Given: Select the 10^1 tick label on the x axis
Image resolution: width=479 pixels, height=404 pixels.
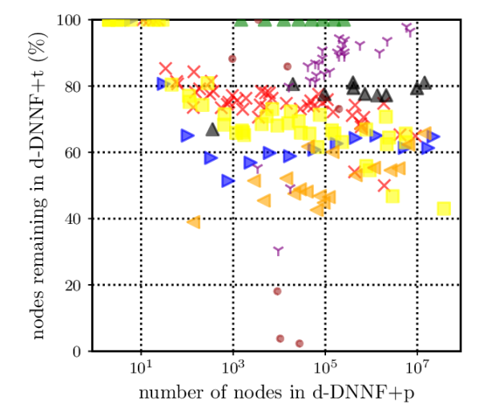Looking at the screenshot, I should [x=141, y=367].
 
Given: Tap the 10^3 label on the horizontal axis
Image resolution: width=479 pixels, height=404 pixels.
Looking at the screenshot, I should [x=233, y=367].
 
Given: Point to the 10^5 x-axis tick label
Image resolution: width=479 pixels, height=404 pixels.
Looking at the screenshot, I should [x=325, y=367].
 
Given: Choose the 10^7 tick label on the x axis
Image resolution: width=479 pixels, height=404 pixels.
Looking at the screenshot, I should [x=417, y=367].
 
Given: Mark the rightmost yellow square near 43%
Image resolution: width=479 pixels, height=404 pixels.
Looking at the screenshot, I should [x=444, y=209].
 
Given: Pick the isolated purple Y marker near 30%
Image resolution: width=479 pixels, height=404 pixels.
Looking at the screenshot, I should [x=278, y=251].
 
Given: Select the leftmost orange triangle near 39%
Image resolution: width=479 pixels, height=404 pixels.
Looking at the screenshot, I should [x=193, y=222].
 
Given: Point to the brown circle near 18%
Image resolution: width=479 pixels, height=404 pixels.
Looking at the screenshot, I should [x=277, y=291].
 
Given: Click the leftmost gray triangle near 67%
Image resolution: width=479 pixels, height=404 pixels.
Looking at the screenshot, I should [x=212, y=130].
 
